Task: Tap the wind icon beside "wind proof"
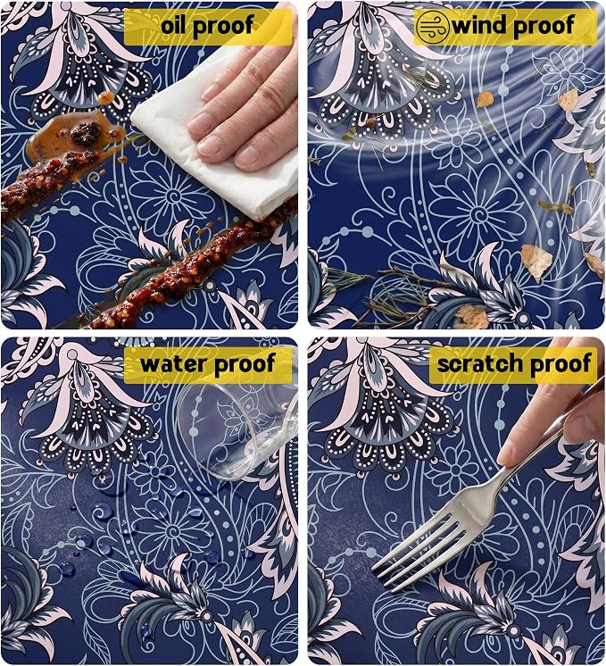click(x=432, y=27)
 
